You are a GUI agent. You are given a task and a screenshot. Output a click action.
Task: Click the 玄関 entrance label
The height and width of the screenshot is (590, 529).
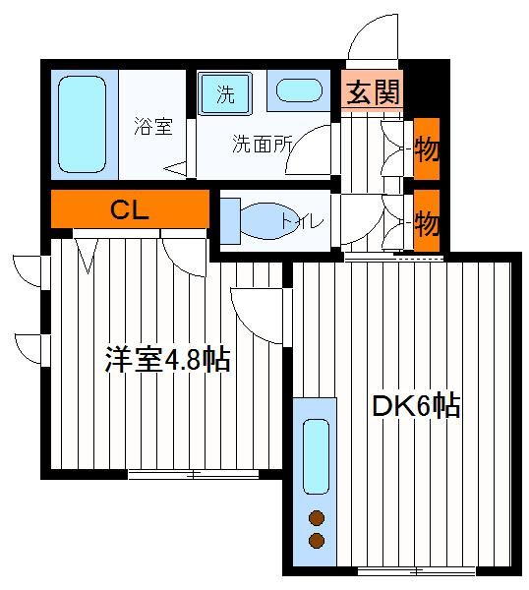click(x=373, y=92)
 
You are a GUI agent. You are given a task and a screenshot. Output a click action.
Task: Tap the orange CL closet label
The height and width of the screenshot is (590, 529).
click(x=130, y=209)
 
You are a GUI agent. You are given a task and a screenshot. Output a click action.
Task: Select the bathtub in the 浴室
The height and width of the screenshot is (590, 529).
click(x=82, y=124)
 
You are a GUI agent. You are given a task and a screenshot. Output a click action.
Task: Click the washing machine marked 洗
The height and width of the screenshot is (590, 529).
click(x=225, y=93)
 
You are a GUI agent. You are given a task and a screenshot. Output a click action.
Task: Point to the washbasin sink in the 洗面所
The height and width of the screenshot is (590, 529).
click(x=300, y=90)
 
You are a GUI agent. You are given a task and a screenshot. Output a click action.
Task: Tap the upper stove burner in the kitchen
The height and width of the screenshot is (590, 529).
click(x=317, y=518)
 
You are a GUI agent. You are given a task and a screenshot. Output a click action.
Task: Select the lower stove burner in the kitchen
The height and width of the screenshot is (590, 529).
click(x=317, y=541)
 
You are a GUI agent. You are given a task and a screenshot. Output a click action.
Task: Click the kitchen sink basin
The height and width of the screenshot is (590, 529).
click(x=316, y=456)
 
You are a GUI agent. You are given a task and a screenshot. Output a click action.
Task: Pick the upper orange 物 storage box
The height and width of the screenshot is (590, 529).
click(x=427, y=148)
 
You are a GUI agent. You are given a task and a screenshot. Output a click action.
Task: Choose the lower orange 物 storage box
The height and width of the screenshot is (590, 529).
click(x=427, y=220)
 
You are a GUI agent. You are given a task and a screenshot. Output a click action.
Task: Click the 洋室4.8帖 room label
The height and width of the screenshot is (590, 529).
click(x=167, y=359)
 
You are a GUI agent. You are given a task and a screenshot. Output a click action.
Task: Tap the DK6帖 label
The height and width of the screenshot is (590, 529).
click(x=416, y=405)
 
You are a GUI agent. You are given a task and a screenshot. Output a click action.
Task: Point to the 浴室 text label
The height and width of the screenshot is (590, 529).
click(x=153, y=127)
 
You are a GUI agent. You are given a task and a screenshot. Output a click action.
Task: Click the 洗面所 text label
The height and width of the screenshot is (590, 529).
click(x=262, y=144)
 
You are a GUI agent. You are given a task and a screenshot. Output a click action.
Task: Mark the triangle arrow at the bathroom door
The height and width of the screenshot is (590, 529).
click(x=176, y=168)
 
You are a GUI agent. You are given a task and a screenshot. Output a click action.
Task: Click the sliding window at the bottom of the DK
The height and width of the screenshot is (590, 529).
click(x=416, y=572)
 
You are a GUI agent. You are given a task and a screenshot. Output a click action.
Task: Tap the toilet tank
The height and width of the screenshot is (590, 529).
click(x=230, y=221)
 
